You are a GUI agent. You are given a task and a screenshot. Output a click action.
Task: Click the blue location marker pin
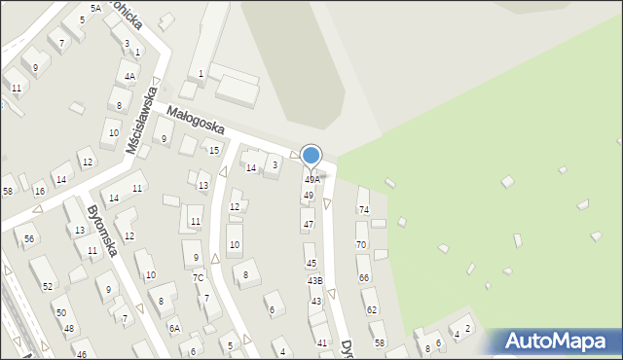pos(311,156)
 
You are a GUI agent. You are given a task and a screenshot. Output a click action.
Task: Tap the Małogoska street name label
pos(195,121)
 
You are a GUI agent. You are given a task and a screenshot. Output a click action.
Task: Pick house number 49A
pos(311,179)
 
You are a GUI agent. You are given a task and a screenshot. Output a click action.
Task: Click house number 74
pos(364,209)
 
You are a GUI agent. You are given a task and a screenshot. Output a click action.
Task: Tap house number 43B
pos(314,280)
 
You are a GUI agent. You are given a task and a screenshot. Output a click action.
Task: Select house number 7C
pos(198,277)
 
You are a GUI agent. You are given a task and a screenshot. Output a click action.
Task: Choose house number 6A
pos(174,329)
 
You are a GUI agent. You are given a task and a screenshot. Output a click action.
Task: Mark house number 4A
pos(129,76)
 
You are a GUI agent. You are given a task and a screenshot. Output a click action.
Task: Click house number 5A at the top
pos(95,8)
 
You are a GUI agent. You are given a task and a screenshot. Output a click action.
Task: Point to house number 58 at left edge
pos(8,191)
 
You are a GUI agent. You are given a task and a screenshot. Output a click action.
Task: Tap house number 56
pos(30,238)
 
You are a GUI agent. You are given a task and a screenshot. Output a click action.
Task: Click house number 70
pos(361,244)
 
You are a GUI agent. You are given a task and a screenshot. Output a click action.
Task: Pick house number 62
pos(370,309)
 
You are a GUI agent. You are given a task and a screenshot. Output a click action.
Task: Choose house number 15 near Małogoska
pos(214,150)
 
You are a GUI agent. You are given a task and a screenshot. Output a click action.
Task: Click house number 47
pos(309,224)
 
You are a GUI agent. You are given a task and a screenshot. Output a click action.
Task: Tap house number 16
pos(39,191)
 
